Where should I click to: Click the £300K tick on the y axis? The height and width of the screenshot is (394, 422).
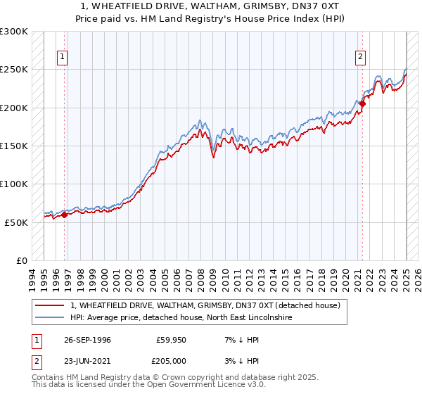[15, 32]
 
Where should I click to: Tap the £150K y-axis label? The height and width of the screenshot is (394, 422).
[15, 146]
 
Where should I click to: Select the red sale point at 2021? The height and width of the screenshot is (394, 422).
[363, 104]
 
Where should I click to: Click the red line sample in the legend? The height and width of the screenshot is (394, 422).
[49, 305]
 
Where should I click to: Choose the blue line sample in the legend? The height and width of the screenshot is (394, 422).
[49, 318]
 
